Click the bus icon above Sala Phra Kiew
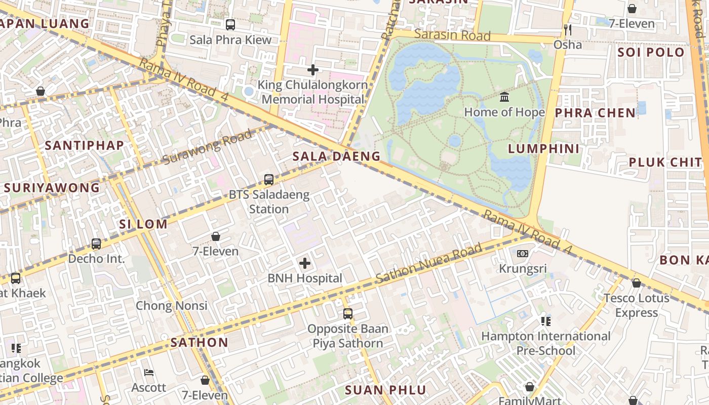[230, 24]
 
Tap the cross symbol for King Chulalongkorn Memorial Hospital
[313, 70]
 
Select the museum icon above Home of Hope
[504, 97]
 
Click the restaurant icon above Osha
[568, 29]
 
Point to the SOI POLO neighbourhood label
[651, 52]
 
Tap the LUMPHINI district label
[543, 148]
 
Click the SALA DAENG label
[336, 156]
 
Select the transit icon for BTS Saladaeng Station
[269, 180]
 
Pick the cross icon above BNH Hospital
[305, 263]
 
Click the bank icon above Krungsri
[523, 253]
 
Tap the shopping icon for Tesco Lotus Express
[636, 283]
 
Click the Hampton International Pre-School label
[545, 343]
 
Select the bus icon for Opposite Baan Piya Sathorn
[348, 314]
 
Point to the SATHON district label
[199, 342]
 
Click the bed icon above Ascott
[149, 373]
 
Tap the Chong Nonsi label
[171, 305]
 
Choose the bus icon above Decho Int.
[96, 244]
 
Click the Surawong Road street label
[208, 147]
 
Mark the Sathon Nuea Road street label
[428, 264]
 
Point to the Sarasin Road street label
[452, 35]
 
